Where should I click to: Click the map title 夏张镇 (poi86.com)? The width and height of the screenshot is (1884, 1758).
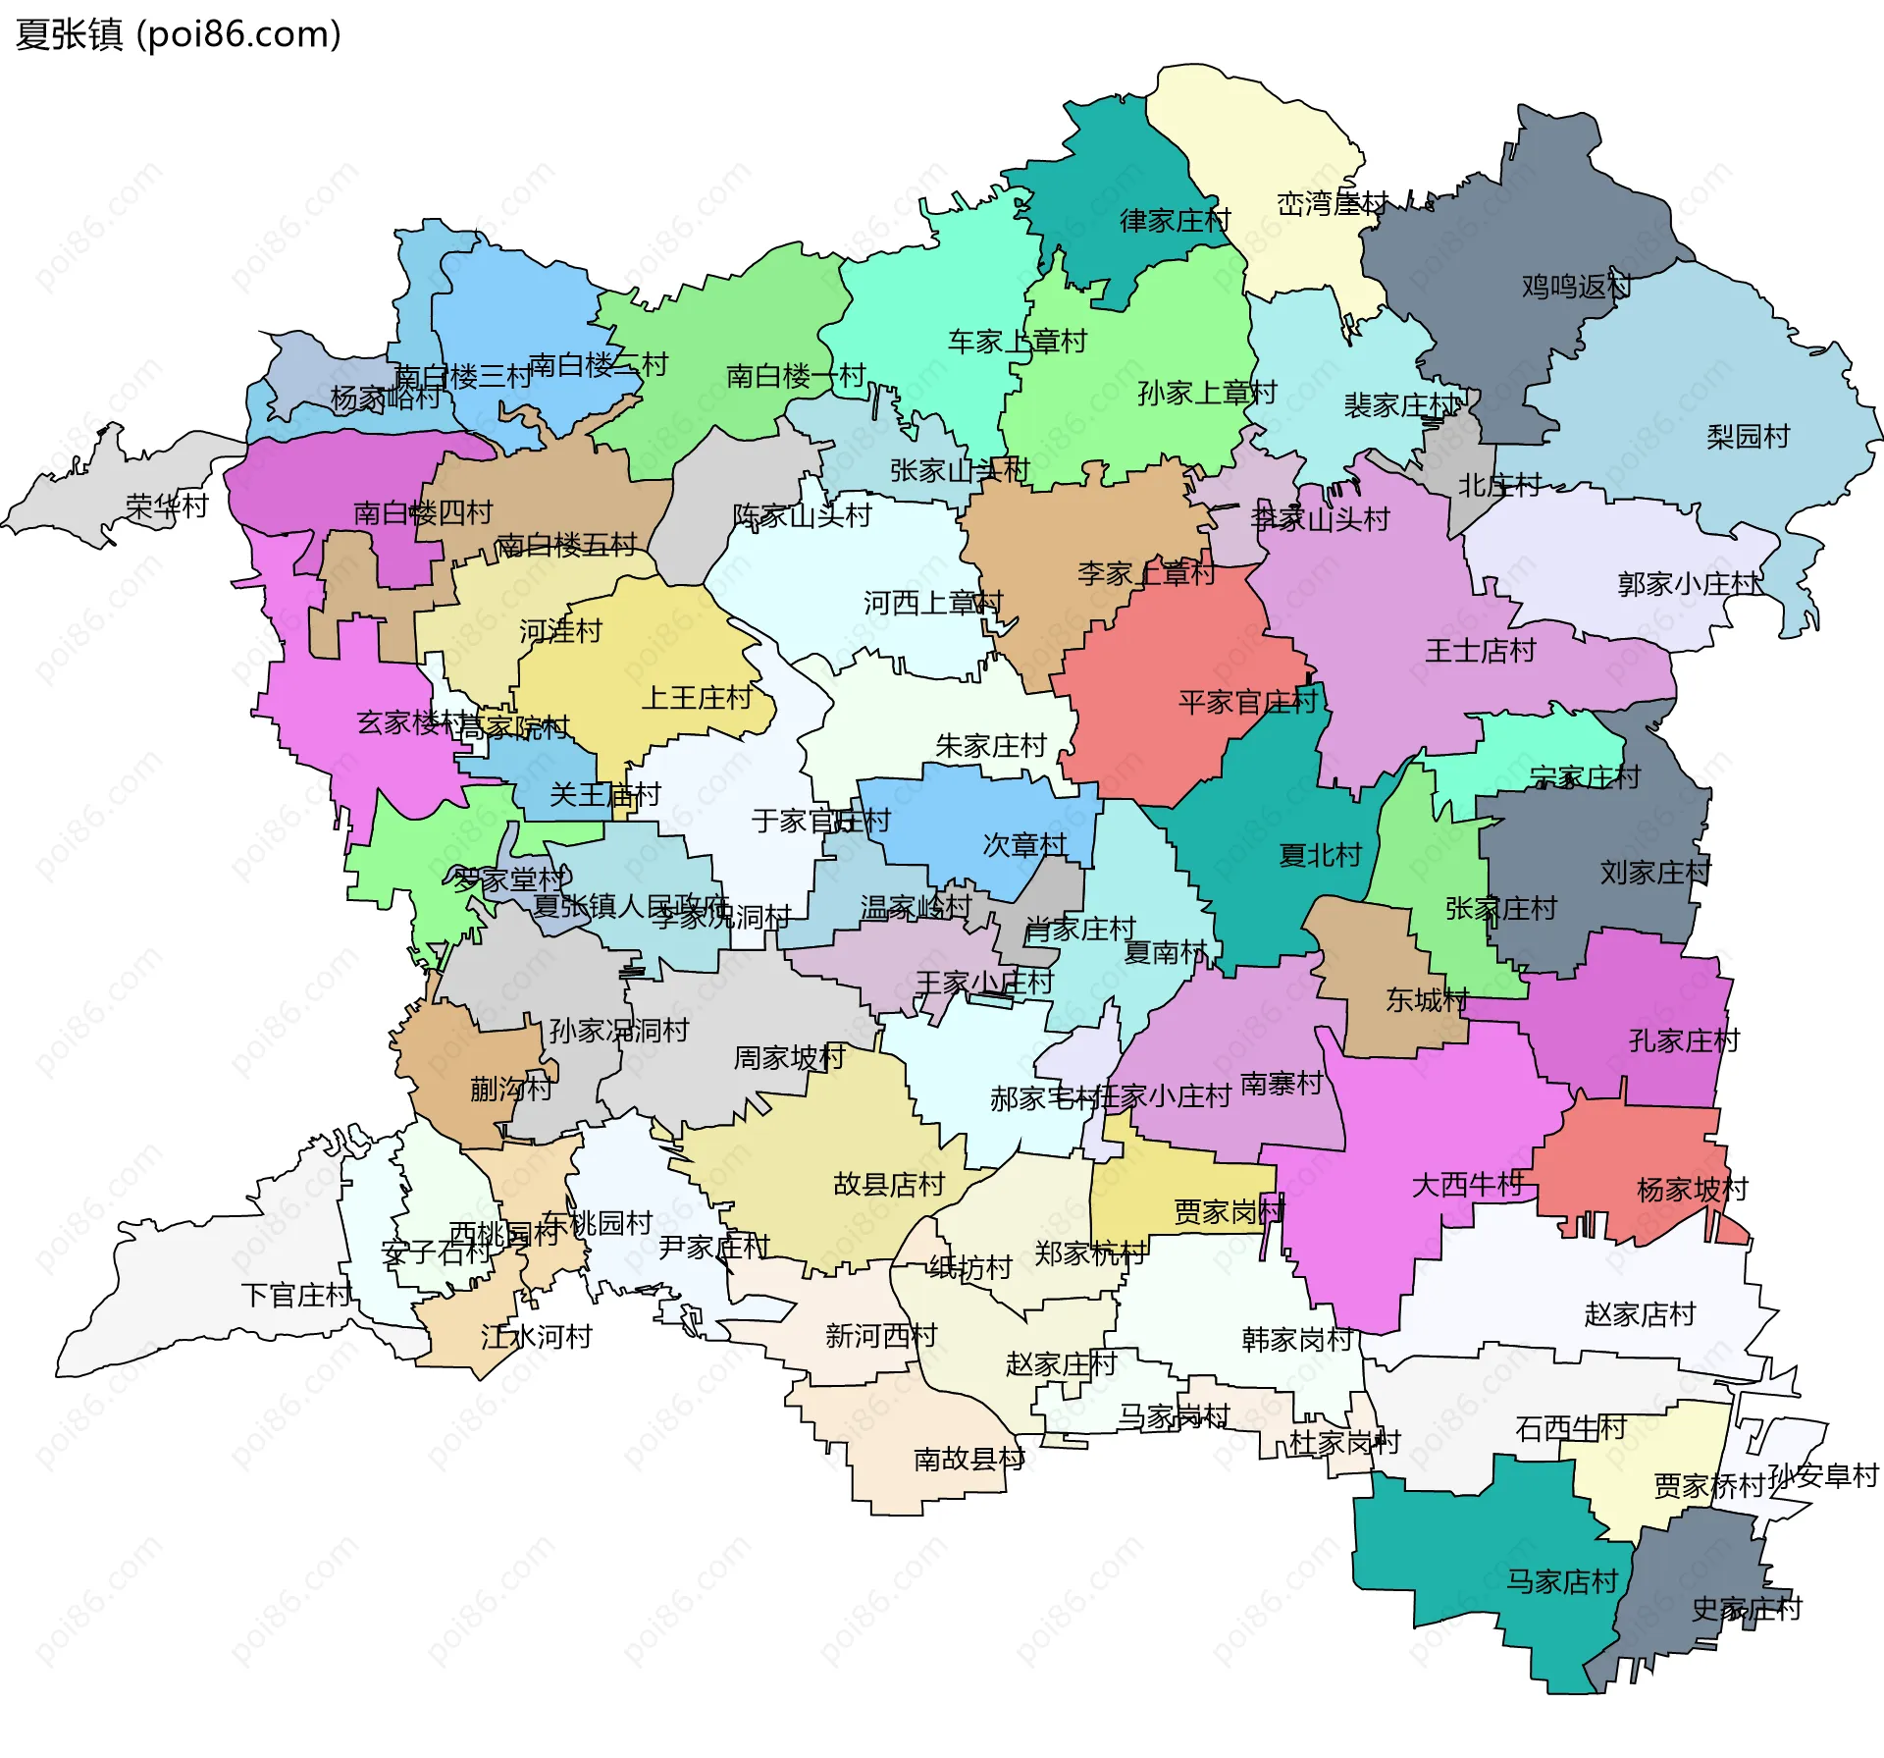[x=179, y=34]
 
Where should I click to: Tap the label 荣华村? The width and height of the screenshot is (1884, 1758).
[x=167, y=506]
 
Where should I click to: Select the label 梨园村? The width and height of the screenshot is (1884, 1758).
[x=1748, y=436]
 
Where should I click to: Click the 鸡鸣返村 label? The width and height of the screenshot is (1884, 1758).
[x=1576, y=287]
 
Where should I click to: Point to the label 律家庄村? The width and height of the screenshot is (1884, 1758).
[x=1175, y=220]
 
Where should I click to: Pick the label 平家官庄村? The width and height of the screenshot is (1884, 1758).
[x=1247, y=702]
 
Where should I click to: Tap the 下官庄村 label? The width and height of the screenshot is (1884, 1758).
[x=296, y=1295]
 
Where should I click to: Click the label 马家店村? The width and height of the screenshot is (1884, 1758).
[x=1561, y=1581]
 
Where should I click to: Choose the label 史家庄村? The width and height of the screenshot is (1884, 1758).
[x=1747, y=1609]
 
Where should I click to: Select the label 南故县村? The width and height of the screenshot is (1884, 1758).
[x=969, y=1460]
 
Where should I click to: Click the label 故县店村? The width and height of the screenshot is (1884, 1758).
[x=888, y=1184]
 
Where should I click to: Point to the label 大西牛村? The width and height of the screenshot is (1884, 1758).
[x=1466, y=1185]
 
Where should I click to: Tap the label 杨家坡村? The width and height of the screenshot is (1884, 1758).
[x=1692, y=1190]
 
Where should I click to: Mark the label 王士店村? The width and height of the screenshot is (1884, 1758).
[x=1480, y=650]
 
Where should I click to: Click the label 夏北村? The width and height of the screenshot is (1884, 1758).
[x=1320, y=855]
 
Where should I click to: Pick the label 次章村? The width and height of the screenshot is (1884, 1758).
[x=1024, y=845]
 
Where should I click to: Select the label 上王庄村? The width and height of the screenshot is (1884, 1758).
[x=697, y=698]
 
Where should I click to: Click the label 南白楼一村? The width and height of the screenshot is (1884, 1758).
[x=795, y=375]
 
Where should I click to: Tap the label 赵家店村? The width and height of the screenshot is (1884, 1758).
[x=1640, y=1313]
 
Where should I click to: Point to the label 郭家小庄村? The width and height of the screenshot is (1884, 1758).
[x=1688, y=584]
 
